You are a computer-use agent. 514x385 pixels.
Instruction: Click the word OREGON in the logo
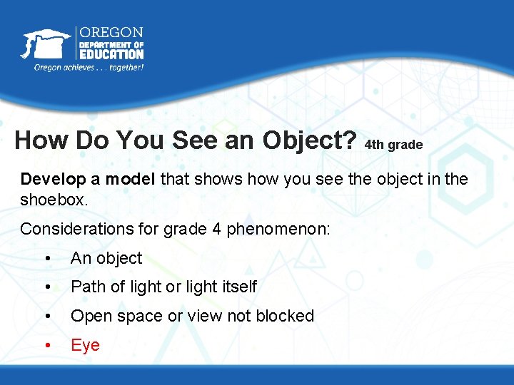111,33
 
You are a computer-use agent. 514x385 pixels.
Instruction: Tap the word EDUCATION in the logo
111,54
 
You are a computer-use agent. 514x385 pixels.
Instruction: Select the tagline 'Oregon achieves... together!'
89,67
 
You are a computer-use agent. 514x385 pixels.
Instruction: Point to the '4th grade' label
393,145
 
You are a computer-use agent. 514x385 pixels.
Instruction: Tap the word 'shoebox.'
54,200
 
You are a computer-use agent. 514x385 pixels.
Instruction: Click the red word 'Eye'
85,345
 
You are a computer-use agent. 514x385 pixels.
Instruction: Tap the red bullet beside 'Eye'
46,346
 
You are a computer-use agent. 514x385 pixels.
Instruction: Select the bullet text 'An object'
106,258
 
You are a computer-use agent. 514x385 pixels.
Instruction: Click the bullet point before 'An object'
46,259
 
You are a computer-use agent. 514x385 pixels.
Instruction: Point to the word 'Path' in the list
86,287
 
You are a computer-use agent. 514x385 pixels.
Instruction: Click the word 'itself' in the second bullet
240,287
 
